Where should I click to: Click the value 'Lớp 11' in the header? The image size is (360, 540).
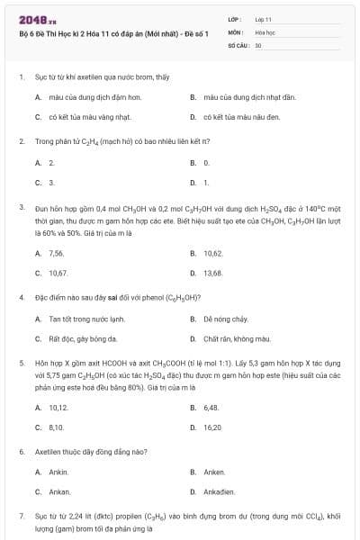(263, 19)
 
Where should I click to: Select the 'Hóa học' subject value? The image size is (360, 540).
(265, 31)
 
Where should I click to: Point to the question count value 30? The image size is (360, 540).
(258, 44)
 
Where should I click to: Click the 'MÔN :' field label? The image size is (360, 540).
(236, 31)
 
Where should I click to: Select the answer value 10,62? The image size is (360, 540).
(213, 254)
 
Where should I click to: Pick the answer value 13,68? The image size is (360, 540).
(213, 273)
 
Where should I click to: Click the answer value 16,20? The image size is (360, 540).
(213, 427)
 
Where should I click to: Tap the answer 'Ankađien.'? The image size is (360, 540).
(220, 492)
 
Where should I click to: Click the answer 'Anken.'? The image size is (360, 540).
(214, 472)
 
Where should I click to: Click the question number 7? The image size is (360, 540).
(21, 517)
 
